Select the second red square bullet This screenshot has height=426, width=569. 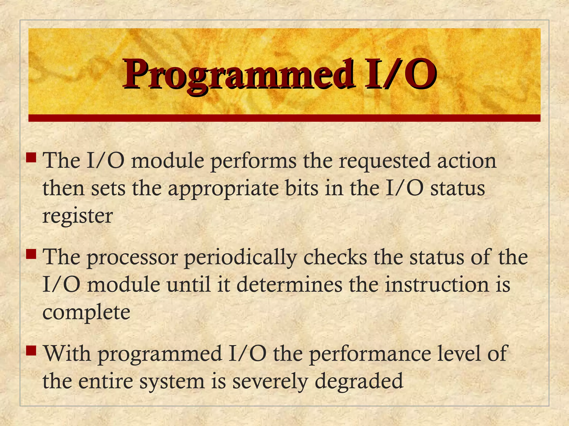31,254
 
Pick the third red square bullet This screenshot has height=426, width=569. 31,351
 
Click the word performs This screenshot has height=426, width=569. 253,161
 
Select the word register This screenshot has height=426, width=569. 78,217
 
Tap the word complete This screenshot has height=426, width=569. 86,313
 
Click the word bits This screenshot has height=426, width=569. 302,189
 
